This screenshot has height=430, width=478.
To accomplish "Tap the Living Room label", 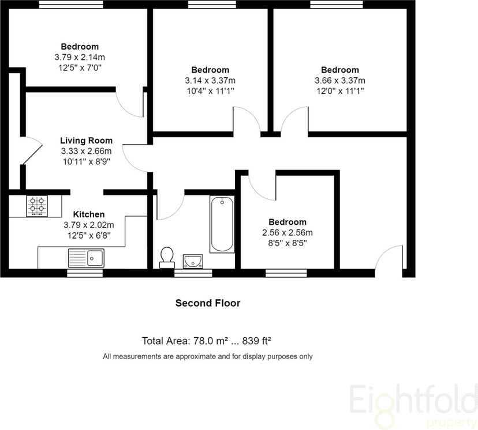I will (87, 141).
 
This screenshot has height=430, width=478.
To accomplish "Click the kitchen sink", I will (85, 257).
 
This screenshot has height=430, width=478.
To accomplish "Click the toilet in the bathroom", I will (167, 257).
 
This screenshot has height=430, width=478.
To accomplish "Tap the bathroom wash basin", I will (192, 261).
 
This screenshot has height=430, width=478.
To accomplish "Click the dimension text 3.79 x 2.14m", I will (80, 57).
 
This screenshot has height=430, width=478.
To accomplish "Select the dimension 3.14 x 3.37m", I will (210, 81).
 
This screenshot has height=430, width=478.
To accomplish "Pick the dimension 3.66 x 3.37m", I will (340, 81).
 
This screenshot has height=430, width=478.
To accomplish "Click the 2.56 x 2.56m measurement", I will (287, 233).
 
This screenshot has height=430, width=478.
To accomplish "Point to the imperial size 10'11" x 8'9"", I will (87, 161).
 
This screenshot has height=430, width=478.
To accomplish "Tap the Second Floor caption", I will (208, 303).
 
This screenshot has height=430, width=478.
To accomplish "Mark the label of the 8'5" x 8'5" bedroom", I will (287, 222).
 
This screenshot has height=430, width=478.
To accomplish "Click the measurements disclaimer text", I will (208, 356).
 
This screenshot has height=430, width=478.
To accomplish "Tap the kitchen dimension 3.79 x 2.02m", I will (88, 225).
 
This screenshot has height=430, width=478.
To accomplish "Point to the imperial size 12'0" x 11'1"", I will (340, 91).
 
